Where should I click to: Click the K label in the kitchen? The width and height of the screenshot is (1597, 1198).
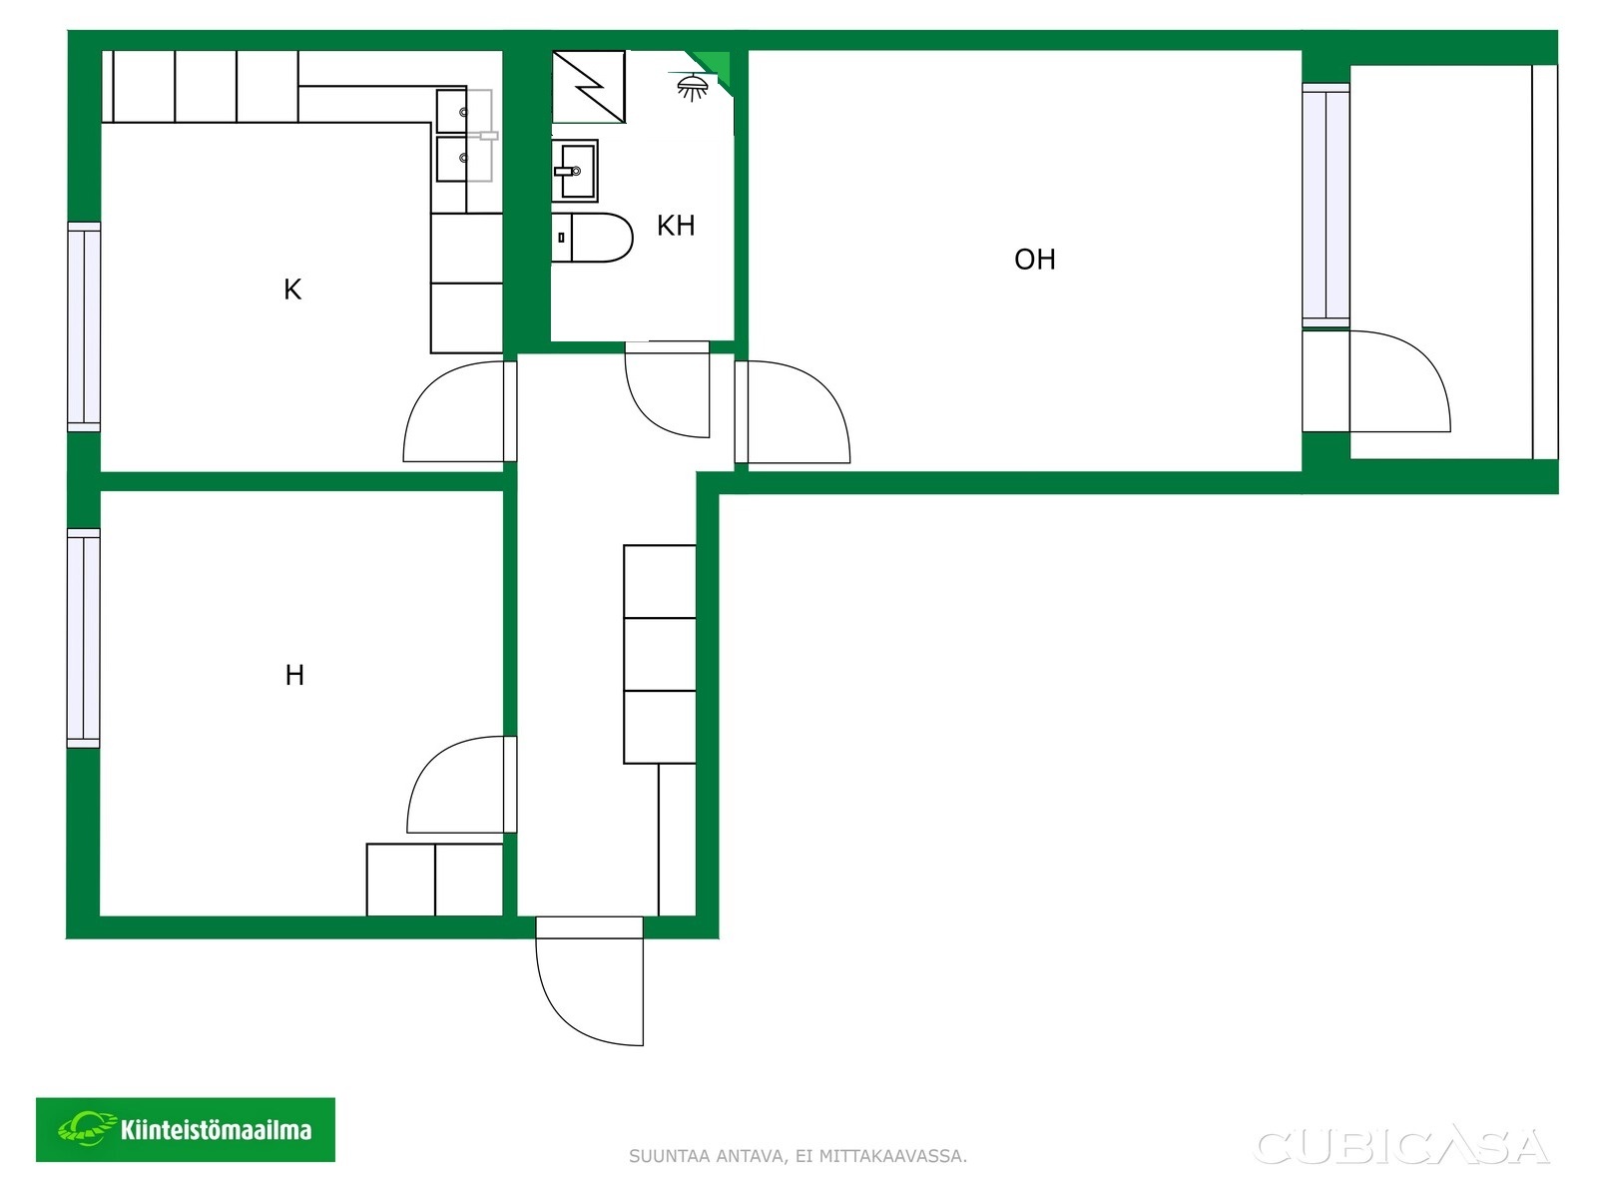pyautogui.click(x=292, y=290)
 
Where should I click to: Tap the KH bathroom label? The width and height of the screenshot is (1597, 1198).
pyautogui.click(x=676, y=226)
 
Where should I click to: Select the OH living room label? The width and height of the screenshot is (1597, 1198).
pyautogui.click(x=1035, y=260)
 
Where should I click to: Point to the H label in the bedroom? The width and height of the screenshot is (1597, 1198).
pyautogui.click(x=294, y=675)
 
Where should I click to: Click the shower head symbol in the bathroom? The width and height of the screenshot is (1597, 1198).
pyautogui.click(x=692, y=87)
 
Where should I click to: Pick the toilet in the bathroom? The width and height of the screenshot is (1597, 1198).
pyautogui.click(x=592, y=238)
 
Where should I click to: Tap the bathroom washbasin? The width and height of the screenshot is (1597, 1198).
pyautogui.click(x=575, y=171)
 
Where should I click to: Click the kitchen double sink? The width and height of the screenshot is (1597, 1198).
pyautogui.click(x=463, y=135)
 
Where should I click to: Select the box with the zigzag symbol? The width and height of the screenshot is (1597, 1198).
pyautogui.click(x=589, y=87)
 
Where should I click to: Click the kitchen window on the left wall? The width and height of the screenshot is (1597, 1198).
pyautogui.click(x=85, y=326)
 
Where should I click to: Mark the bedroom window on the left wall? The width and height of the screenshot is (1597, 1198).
pyautogui.click(x=84, y=638)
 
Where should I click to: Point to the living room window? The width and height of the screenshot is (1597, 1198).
pyautogui.click(x=1326, y=206)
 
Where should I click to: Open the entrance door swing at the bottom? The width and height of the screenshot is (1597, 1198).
pyautogui.click(x=589, y=981)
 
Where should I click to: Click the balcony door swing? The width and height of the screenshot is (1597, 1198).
pyautogui.click(x=1400, y=381)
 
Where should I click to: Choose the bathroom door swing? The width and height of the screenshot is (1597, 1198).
pyautogui.click(x=667, y=390)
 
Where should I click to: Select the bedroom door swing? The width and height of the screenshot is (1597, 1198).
pyautogui.click(x=461, y=784)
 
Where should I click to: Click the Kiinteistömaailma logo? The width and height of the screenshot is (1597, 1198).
pyautogui.click(x=186, y=1130)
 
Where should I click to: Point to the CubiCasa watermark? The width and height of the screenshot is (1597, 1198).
pyautogui.click(x=1402, y=1146)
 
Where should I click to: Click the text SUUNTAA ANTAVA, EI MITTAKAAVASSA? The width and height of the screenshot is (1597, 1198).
pyautogui.click(x=798, y=1156)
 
